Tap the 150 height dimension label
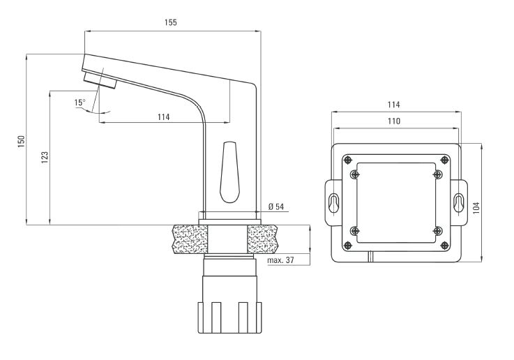pos(22,140)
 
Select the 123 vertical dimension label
pos(45,158)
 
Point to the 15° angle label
pos(80,103)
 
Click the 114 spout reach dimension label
pos(163,117)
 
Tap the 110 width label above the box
pos(393,121)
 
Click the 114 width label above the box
pos(393,105)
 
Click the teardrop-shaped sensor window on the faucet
pos(229,171)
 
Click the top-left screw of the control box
pos(355,174)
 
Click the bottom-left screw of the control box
pos(355,230)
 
